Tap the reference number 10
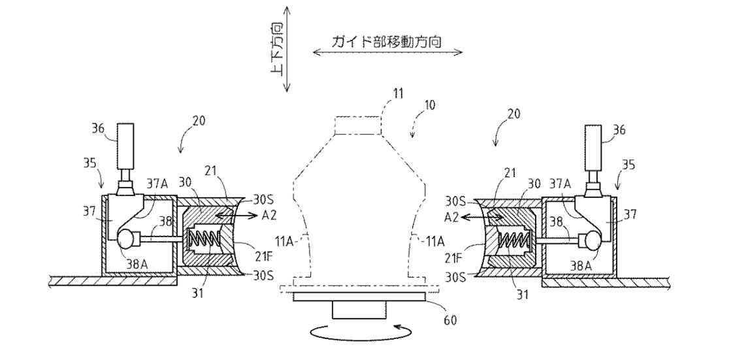click(430, 105)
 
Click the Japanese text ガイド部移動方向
click(386, 41)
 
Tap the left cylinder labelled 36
click(126, 153)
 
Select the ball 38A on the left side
click(126, 238)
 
